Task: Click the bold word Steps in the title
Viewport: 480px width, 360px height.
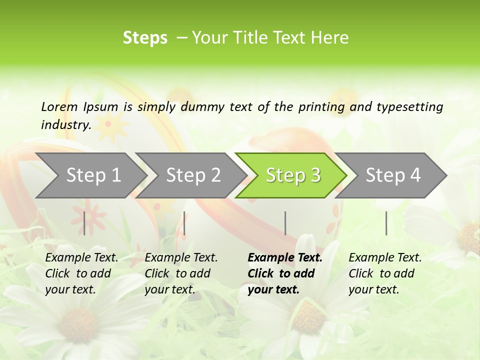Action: click(x=145, y=37)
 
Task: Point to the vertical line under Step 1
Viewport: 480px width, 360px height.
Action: click(x=84, y=223)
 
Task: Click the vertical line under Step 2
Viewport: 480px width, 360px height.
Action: click(x=184, y=223)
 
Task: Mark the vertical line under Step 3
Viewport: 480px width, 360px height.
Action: click(x=285, y=223)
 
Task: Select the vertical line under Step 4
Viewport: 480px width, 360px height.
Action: click(x=386, y=223)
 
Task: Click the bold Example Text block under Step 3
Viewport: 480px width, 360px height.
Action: click(x=284, y=273)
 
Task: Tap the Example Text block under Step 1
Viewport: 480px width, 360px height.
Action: click(x=81, y=273)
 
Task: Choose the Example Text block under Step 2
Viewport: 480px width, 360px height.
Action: click(x=181, y=273)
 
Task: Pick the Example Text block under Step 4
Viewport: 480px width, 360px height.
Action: click(x=385, y=273)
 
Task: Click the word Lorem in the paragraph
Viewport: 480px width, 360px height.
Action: click(x=59, y=106)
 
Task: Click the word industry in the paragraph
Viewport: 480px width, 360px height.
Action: click(x=65, y=124)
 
